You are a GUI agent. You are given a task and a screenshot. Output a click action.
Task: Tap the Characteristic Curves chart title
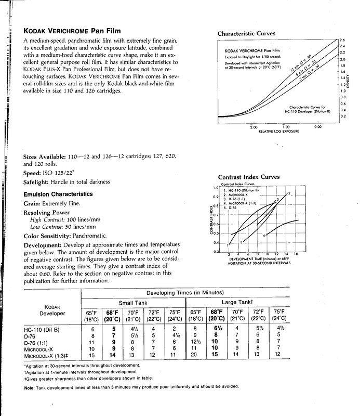coord(246,34)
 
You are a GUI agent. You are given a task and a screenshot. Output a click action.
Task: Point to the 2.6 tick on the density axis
coord(342,40)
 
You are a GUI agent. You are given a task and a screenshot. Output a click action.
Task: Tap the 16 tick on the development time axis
coord(296,254)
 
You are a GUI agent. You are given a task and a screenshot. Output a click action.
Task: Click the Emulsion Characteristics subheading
coord(58,194)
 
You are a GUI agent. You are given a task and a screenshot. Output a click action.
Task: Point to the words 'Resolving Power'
coord(46,213)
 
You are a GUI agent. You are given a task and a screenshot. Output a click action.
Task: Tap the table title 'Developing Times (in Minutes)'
coord(184,293)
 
